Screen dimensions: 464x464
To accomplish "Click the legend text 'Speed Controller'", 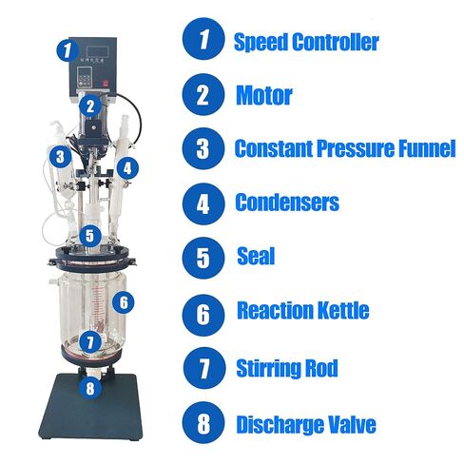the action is (x=306, y=42).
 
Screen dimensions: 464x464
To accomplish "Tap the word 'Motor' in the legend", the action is (x=264, y=95).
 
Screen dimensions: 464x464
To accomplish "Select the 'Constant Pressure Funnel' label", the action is (x=345, y=148).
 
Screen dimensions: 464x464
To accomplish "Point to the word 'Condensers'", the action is (x=287, y=202).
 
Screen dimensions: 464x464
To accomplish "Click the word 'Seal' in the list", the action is (x=256, y=256).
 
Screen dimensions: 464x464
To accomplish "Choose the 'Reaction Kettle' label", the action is (x=303, y=310).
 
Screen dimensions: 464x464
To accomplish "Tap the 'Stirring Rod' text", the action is (x=287, y=368).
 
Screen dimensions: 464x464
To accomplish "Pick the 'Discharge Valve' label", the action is (x=306, y=424).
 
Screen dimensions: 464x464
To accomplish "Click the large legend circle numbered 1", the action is (x=203, y=38).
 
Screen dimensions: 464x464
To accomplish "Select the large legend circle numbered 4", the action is (x=203, y=203).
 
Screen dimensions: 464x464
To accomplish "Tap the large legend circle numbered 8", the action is (x=203, y=422).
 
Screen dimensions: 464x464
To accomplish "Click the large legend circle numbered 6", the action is (x=203, y=315).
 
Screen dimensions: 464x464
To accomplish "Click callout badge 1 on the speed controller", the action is (x=68, y=49).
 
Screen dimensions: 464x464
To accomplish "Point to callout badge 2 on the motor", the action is (x=90, y=106).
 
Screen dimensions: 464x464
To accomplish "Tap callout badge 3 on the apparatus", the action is (x=60, y=156).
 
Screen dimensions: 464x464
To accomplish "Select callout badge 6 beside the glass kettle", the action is (x=124, y=301).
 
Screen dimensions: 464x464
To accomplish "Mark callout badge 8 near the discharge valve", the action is (x=90, y=387).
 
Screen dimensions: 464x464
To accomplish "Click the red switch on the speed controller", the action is (x=105, y=84).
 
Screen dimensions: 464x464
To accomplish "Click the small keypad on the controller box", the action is (x=85, y=77).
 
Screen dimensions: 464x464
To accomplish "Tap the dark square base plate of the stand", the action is (x=90, y=407).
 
